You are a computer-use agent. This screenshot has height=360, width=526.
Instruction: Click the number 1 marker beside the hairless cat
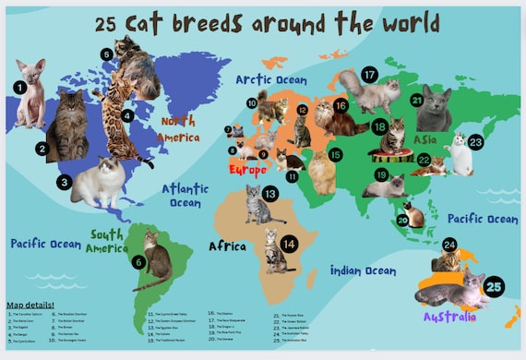(x=20, y=88)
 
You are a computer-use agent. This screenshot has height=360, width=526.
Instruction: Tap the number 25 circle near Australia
(x=494, y=288)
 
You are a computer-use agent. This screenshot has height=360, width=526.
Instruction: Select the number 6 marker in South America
(x=138, y=262)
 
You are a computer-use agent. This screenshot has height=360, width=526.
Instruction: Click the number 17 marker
(x=370, y=74)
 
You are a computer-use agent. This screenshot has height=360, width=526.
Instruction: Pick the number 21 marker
(x=417, y=101)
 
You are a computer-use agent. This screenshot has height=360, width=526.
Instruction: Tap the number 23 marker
(x=475, y=142)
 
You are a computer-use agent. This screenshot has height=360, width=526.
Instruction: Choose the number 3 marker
(x=64, y=183)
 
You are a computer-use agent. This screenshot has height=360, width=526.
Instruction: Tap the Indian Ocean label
(x=363, y=270)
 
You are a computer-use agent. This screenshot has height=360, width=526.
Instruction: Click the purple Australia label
(x=450, y=317)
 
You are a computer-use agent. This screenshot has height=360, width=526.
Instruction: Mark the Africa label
(x=227, y=246)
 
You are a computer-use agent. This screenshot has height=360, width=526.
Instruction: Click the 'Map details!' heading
(x=30, y=305)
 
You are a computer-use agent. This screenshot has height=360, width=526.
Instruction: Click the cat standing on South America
(x=157, y=258)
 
